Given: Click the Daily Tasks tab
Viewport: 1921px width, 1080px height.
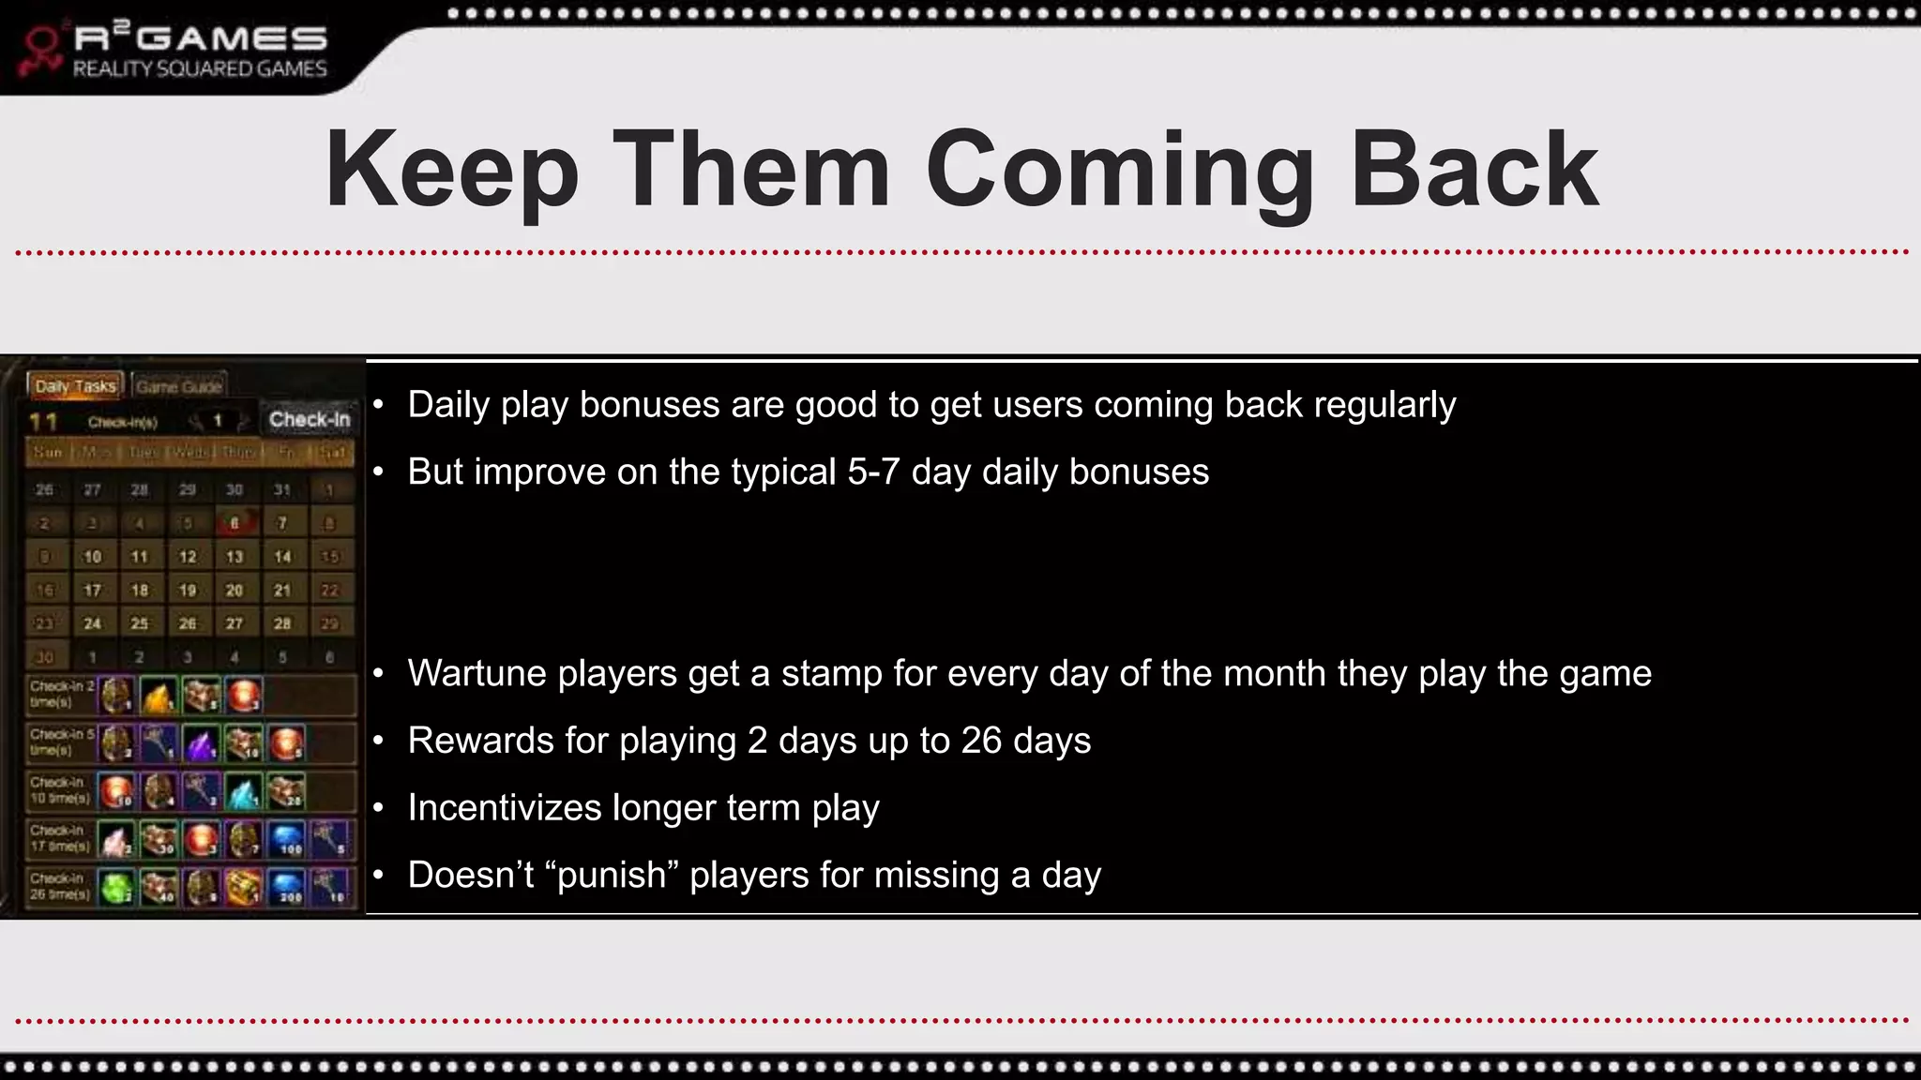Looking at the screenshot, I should click(x=75, y=386).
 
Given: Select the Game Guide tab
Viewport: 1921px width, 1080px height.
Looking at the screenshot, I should click(x=178, y=386).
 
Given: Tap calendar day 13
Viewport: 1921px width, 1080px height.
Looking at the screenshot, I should click(x=234, y=557).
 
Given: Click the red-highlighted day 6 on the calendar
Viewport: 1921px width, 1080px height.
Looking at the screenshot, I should click(x=234, y=523).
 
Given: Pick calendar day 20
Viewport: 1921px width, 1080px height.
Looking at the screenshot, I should click(x=234, y=591).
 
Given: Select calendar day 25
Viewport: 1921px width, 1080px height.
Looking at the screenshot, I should click(x=140, y=623).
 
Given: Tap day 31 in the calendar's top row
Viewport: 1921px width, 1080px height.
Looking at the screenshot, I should click(x=282, y=489).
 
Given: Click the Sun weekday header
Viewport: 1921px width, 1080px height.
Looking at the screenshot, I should click(x=48, y=453).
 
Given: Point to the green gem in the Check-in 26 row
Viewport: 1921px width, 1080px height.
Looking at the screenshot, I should click(x=116, y=887).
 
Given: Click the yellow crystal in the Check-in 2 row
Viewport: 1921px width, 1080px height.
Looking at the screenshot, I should click(x=159, y=696).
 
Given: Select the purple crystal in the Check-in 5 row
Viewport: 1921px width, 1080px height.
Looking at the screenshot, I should click(x=201, y=744).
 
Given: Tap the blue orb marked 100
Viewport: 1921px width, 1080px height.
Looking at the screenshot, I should click(x=288, y=839).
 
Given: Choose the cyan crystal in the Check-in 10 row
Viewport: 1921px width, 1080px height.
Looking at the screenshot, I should click(x=243, y=792).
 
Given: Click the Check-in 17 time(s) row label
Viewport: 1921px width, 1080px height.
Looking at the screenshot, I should click(x=59, y=839).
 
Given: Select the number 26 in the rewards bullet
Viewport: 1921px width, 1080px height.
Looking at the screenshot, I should click(x=981, y=741).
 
